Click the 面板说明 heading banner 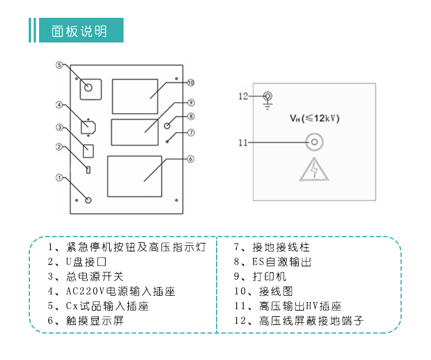click(82, 30)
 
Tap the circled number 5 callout click(59, 65)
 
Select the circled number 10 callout click(191, 83)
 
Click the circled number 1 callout click(59, 177)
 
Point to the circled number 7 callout click(191, 133)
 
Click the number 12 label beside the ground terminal click(243, 96)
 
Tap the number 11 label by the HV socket click(243, 143)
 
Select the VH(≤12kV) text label click(314, 118)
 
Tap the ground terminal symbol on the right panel click(267, 100)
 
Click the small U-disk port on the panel click(88, 170)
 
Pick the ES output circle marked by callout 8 click(167, 126)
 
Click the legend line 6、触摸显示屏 click(86, 320)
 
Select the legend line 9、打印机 click(260, 276)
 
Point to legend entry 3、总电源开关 click(86, 276)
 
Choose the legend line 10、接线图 click(263, 291)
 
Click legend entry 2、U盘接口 click(77, 261)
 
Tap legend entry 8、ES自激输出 click(272, 261)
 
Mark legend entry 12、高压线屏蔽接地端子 click(299, 320)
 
